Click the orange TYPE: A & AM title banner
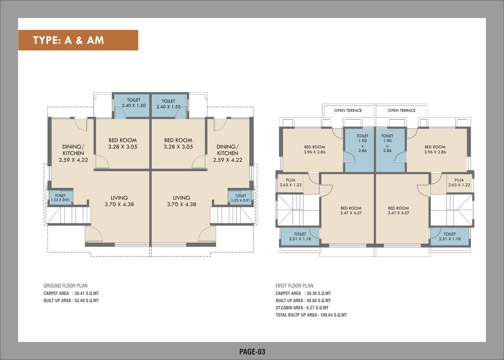pyautogui.click(x=78, y=40)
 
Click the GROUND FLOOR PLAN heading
pyautogui.click(x=66, y=286)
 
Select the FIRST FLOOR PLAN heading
pyautogui.click(x=294, y=286)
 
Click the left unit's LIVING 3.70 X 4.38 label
pyautogui.click(x=119, y=201)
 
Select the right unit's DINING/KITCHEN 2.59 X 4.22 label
pyautogui.click(x=227, y=153)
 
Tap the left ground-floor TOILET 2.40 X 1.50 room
pyautogui.click(x=134, y=103)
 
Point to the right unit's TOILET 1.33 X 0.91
pyautogui.click(x=240, y=198)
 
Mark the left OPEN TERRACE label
pyautogui.click(x=348, y=110)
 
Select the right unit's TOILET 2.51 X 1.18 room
pyautogui.click(x=449, y=236)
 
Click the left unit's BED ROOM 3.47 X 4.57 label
pyautogui.click(x=351, y=210)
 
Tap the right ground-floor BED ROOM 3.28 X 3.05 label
pyautogui.click(x=178, y=144)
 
